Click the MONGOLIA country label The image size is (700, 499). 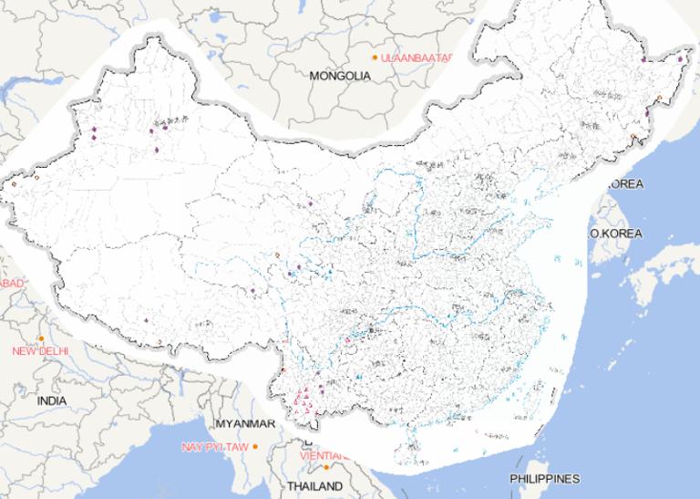tap(340, 77)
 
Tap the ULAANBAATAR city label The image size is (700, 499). tap(417, 57)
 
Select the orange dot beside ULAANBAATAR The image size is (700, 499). tap(375, 57)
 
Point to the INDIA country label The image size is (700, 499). tap(52, 400)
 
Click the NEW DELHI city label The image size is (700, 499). tap(41, 351)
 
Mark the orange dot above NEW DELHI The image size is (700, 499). tap(41, 339)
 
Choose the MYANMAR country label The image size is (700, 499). tap(245, 424)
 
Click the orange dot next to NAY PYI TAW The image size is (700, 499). tap(255, 446)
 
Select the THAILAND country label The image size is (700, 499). tap(314, 486)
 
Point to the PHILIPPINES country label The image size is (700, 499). tap(544, 479)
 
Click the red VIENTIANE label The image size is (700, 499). tap(327, 455)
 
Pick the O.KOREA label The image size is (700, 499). tap(616, 234)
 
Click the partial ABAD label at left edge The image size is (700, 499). tap(12, 284)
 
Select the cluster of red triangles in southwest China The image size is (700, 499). tap(304, 398)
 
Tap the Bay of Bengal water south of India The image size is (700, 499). tap(137, 474)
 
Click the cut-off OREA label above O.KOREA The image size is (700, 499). tap(626, 184)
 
